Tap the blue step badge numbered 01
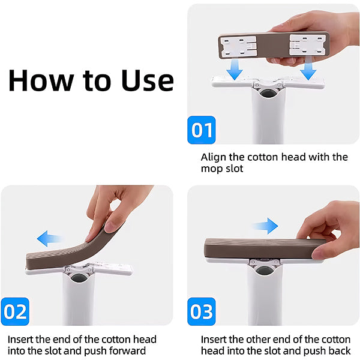click(201, 130)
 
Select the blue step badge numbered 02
click(15, 312)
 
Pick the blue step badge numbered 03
click(201, 312)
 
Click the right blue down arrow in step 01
click(309, 71)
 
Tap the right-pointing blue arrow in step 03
click(264, 227)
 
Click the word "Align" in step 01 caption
click(214, 157)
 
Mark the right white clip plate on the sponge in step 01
click(307, 46)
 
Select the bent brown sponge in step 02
click(66, 252)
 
